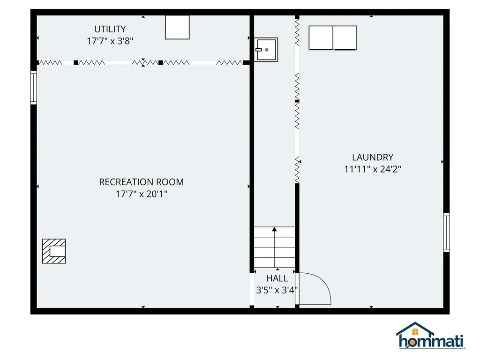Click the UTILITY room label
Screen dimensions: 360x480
[110, 29]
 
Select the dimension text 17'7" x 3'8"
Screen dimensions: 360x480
[110, 41]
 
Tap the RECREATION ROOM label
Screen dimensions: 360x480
[141, 182]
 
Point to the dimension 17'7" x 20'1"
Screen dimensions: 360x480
[141, 194]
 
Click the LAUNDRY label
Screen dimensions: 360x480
[373, 157]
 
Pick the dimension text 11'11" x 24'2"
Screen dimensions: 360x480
[373, 169]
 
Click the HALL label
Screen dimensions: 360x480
[277, 278]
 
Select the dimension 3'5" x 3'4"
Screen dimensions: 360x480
[277, 290]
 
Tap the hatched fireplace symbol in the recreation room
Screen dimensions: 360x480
[54, 251]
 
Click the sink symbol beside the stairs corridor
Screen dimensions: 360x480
[266, 49]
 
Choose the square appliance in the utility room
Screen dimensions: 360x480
[177, 27]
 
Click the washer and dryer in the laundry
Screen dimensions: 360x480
[333, 38]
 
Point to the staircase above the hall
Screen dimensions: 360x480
[275, 247]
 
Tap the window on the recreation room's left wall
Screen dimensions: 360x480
[33, 87]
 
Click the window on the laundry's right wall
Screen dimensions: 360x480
[446, 232]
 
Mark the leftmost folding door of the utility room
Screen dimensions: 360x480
[50, 62]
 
